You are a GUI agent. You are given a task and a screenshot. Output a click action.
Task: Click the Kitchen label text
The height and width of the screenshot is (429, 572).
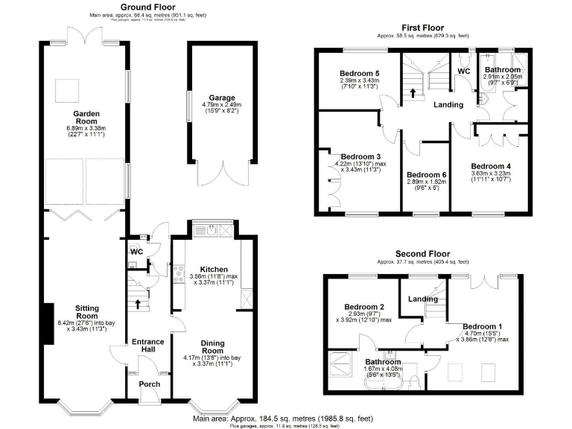[213, 269]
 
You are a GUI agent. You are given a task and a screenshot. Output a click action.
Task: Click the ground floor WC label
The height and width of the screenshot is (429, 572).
[136, 252]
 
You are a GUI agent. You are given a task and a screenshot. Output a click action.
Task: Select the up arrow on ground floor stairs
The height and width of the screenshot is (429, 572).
[138, 303]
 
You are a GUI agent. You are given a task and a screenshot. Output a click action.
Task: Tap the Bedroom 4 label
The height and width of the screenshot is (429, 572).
[489, 165]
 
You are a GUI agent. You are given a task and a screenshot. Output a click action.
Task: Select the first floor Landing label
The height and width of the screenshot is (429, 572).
[448, 104]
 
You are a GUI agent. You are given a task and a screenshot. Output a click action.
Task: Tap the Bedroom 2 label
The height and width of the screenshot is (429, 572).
[363, 307]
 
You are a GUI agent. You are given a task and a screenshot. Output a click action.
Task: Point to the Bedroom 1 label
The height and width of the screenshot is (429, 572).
[483, 326]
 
